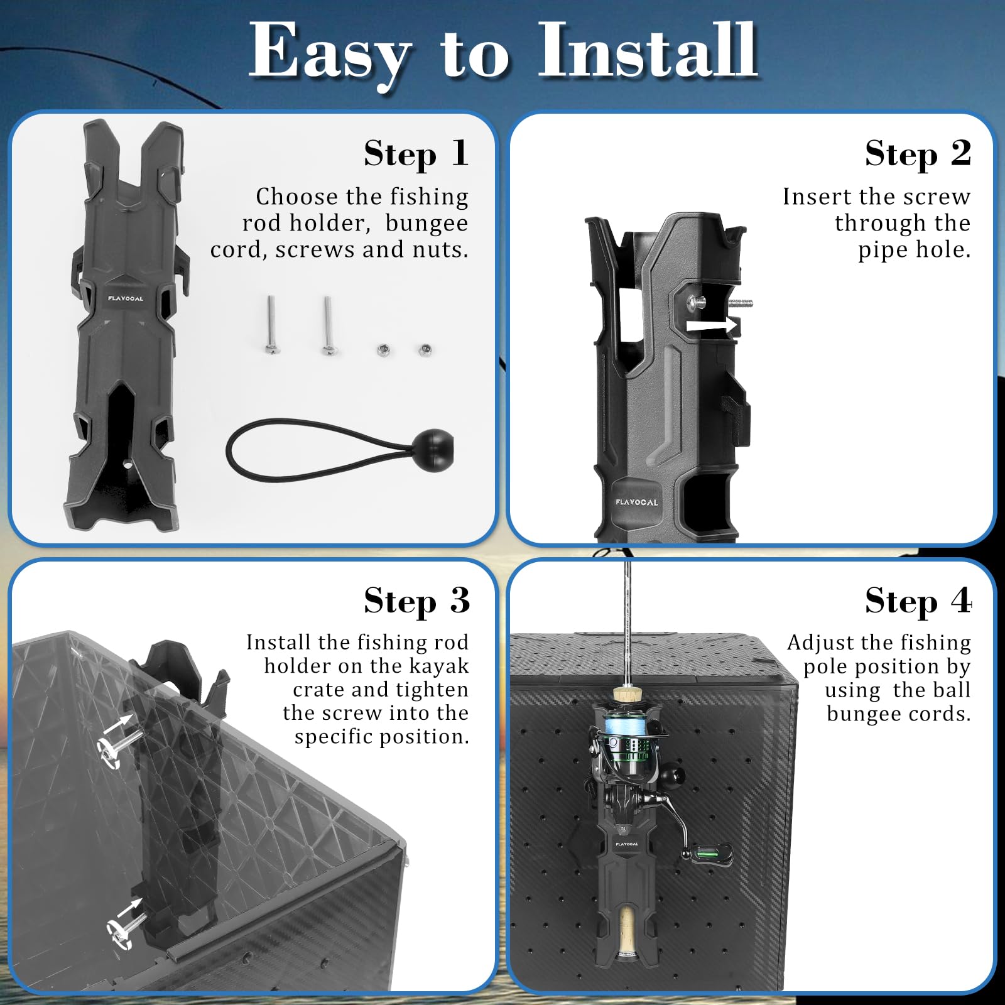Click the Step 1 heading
tap(416, 154)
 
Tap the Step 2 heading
tap(918, 154)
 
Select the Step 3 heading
tap(416, 601)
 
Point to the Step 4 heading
tap(918, 601)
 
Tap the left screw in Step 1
tap(271, 324)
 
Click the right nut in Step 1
tap(425, 349)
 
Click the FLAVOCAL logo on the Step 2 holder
tap(637, 503)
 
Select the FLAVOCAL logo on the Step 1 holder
tap(126, 298)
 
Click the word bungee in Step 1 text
tap(426, 224)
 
